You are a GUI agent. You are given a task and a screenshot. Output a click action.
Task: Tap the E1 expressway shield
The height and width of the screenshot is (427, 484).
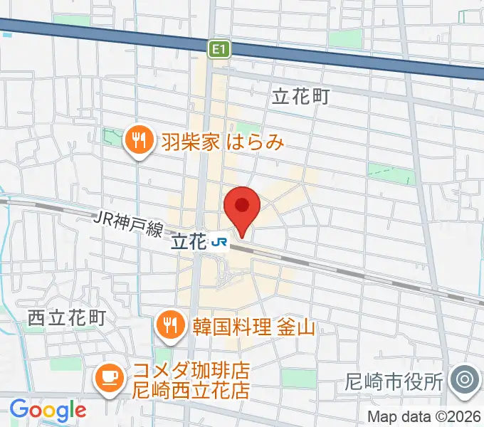(x=219, y=49)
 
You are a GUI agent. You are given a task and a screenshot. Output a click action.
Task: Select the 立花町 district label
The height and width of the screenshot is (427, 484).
(x=301, y=97)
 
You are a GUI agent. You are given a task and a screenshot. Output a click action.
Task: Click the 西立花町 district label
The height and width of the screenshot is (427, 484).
(x=67, y=317)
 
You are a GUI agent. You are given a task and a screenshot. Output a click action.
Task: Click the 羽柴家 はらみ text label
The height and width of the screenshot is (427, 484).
(x=221, y=142)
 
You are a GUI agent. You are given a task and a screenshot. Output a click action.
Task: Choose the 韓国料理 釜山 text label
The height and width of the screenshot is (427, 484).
(x=253, y=327)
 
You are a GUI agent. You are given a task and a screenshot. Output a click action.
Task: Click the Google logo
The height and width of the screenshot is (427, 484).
(x=48, y=409)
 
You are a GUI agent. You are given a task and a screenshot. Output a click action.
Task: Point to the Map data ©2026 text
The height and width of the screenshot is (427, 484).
(x=423, y=416)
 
